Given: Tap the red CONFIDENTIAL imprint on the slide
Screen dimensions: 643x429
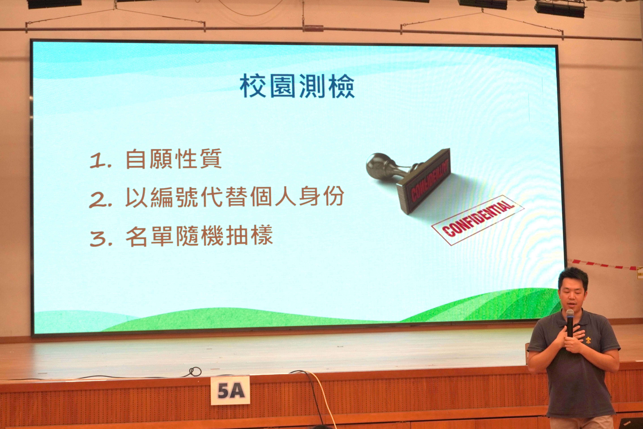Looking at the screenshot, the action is (x=477, y=220).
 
